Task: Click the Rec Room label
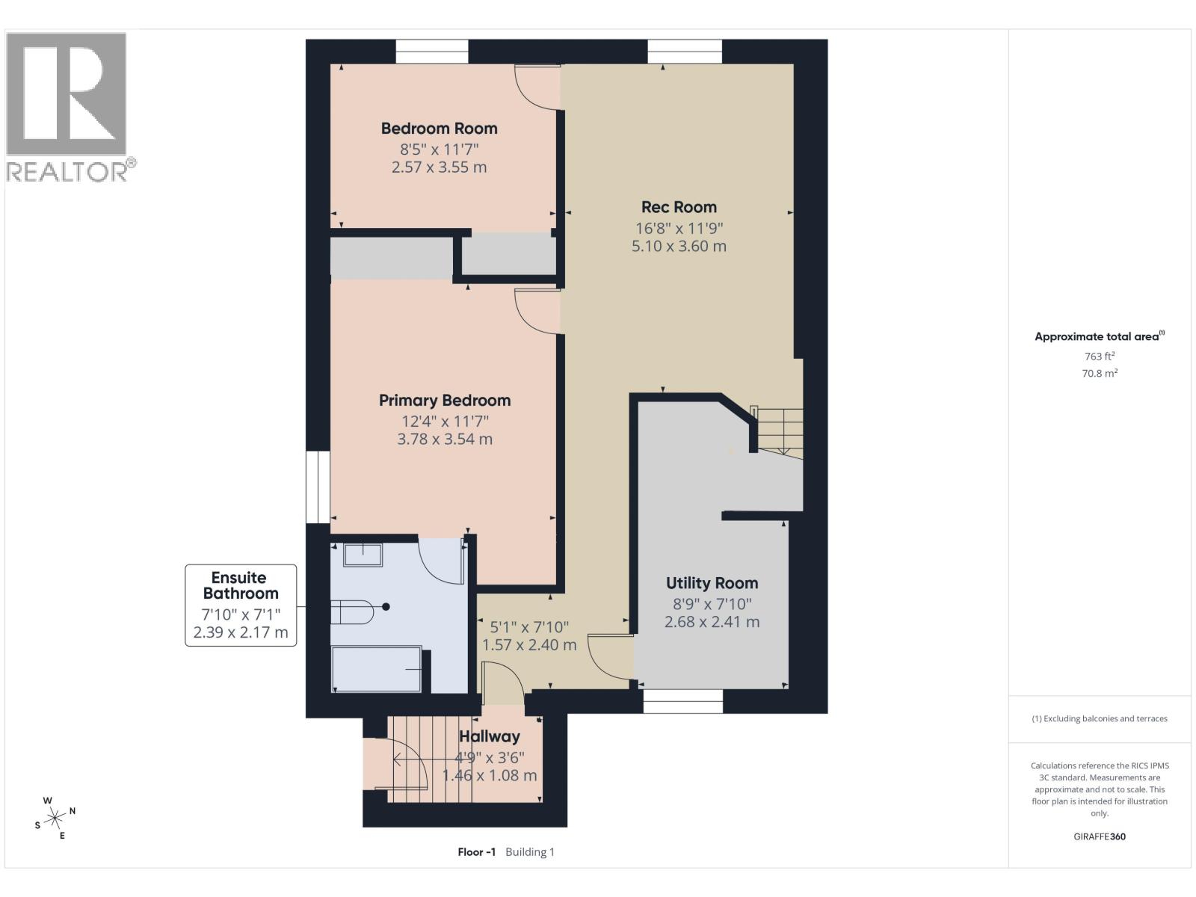click(679, 207)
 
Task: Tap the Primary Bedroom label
click(445, 401)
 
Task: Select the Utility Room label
click(712, 583)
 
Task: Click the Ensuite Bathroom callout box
click(241, 605)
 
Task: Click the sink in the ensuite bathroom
click(363, 555)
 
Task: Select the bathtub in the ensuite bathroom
click(377, 669)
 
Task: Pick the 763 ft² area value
click(1100, 357)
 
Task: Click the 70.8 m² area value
click(1100, 373)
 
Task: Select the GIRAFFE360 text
click(1100, 836)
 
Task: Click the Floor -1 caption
click(477, 852)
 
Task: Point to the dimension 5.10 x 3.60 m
click(679, 246)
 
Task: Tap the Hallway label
click(490, 736)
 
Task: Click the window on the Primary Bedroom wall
click(318, 487)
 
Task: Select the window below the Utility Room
click(683, 700)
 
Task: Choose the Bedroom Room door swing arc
click(536, 90)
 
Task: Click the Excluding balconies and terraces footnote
click(1100, 718)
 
